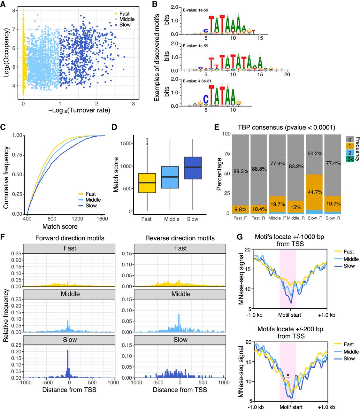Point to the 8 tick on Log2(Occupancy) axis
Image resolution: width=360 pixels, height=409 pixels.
pyautogui.click(x=14, y=11)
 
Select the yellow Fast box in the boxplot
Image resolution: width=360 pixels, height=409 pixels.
pyautogui.click(x=147, y=183)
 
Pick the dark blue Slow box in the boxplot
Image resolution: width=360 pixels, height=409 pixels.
pyautogui.click(x=193, y=168)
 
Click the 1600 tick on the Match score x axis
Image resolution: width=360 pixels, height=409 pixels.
pyautogui.click(x=102, y=219)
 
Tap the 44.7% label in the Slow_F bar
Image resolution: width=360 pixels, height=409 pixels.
pyautogui.click(x=315, y=192)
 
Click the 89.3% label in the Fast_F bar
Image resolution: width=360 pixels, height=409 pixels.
pyautogui.click(x=241, y=172)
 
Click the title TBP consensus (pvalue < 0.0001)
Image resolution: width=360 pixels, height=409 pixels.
pyautogui.click(x=287, y=127)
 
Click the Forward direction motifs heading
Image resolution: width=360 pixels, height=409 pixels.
pyautogui.click(x=70, y=238)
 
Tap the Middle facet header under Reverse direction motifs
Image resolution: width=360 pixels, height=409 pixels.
pyautogui.click(x=180, y=294)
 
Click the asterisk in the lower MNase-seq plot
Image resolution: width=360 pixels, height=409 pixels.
pyautogui.click(x=288, y=375)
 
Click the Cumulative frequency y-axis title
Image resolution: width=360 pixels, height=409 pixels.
pyautogui.click(x=6, y=178)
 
